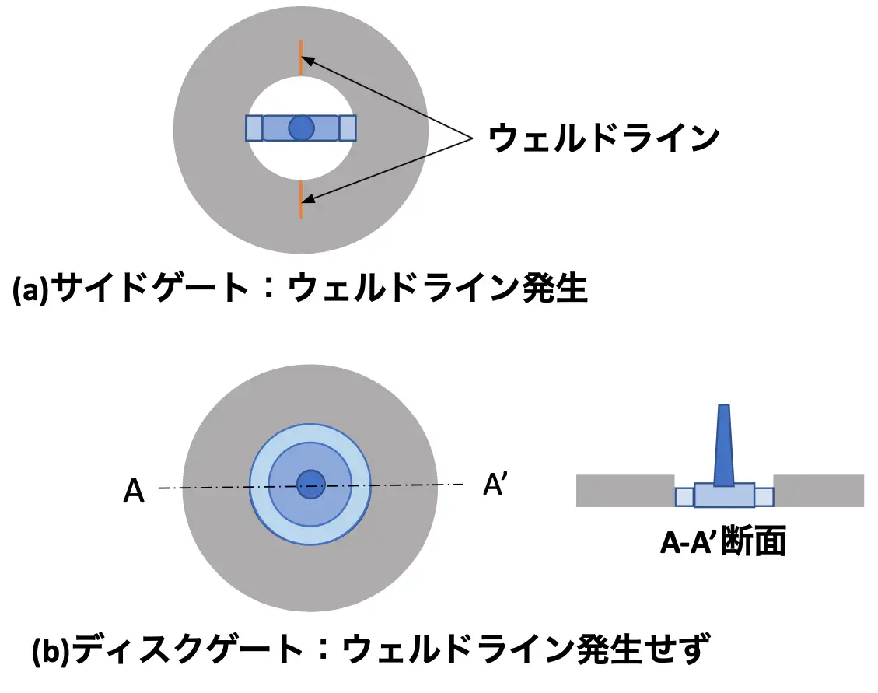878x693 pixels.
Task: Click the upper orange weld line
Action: point(301,58)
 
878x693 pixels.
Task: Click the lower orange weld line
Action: point(301,199)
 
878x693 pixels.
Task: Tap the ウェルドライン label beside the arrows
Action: point(603,138)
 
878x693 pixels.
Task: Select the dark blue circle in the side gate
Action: point(301,128)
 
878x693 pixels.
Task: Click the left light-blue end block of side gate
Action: point(254,128)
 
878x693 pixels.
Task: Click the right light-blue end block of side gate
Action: point(348,128)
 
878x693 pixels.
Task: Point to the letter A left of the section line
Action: point(134,492)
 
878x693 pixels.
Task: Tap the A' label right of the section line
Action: point(495,484)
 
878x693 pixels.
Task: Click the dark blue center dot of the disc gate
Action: point(310,484)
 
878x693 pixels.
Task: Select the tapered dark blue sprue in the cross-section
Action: point(724,446)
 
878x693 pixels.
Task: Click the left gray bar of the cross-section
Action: point(625,491)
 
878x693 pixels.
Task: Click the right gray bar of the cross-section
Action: point(819,491)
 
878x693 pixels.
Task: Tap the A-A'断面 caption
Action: point(723,541)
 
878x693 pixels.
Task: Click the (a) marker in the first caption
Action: point(31,289)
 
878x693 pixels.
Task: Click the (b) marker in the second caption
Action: point(51,650)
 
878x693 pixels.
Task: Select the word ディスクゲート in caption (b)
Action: point(189,649)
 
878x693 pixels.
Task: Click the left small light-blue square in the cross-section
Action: point(684,497)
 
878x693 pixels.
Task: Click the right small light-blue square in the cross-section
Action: point(764,497)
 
